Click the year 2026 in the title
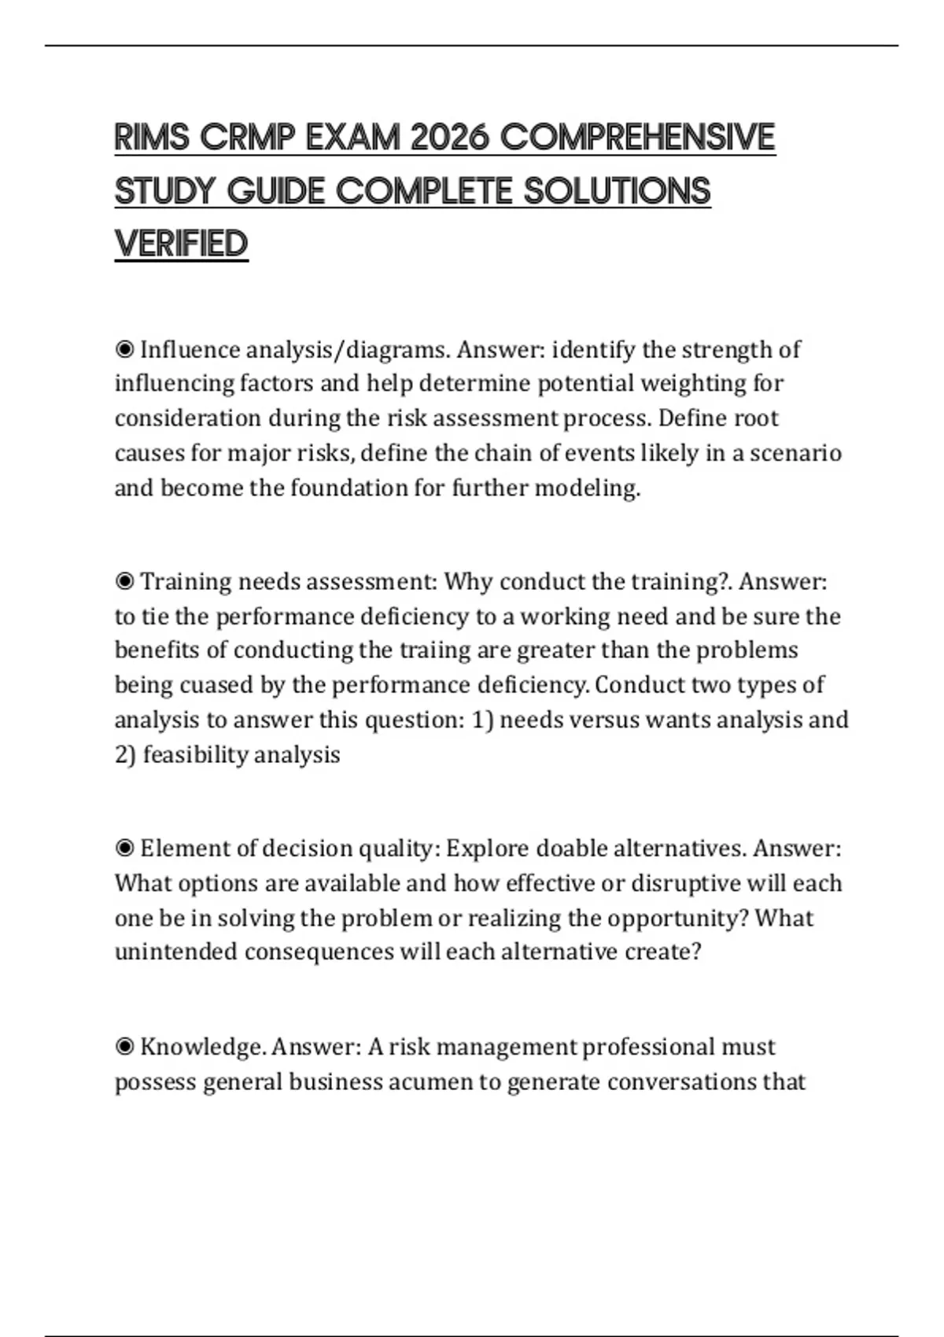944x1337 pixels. pyautogui.click(x=450, y=138)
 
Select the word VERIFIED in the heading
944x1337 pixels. pyautogui.click(x=181, y=244)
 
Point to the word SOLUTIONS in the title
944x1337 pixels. pyautogui.click(x=617, y=191)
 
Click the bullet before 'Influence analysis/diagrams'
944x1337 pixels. pyautogui.click(x=124, y=348)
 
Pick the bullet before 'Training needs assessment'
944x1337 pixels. pyautogui.click(x=124, y=581)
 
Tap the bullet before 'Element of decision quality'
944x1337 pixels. pyautogui.click(x=124, y=849)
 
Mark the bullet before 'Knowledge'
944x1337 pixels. pyautogui.click(x=124, y=1047)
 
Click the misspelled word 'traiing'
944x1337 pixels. pyautogui.click(x=440, y=650)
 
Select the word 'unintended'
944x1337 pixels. pyautogui.click(x=175, y=952)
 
